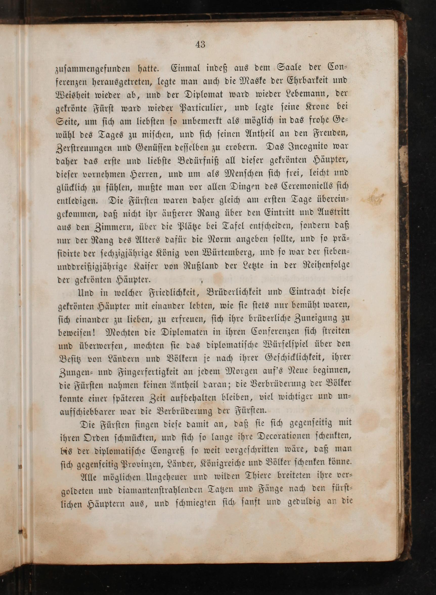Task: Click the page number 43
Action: (200, 45)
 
